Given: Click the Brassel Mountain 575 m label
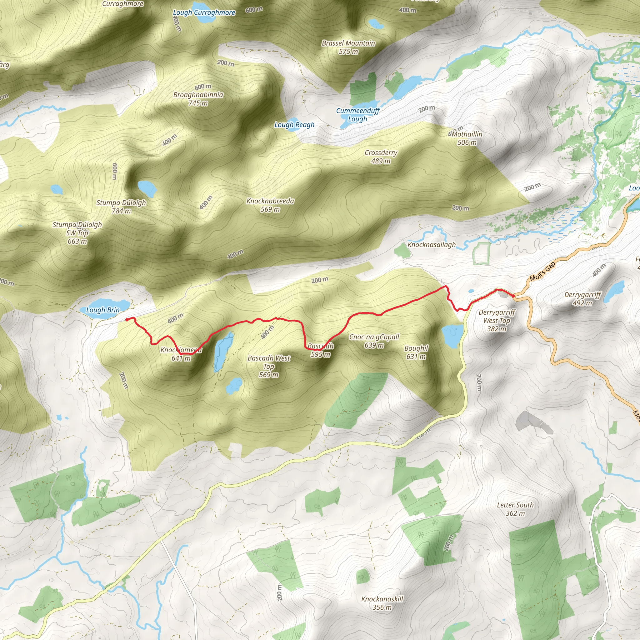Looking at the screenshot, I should tap(348, 47).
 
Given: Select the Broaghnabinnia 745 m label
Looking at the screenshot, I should tap(198, 99).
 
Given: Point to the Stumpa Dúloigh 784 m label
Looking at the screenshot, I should tap(121, 207).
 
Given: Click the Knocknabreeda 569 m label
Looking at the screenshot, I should tap(270, 205).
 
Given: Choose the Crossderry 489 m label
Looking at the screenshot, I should tap(381, 157).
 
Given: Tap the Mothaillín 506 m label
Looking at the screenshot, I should tap(467, 138).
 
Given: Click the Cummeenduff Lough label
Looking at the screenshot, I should tap(357, 115).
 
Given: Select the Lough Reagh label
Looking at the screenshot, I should tap(294, 125).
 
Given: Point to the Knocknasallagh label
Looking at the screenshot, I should tap(431, 245).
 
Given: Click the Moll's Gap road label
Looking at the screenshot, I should tap(542, 271).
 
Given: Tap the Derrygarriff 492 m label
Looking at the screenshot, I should tap(582, 299).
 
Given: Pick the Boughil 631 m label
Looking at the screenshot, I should tap(416, 352).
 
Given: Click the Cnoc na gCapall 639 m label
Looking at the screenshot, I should tap(374, 341).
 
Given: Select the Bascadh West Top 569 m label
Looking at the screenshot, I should tap(269, 366).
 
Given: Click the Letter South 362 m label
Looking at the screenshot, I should tap(515, 509).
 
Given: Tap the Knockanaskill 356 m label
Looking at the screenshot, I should tap(382, 603).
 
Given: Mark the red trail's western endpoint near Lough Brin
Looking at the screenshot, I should tap(127, 320).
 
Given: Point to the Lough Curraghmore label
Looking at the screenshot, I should tap(204, 13).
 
